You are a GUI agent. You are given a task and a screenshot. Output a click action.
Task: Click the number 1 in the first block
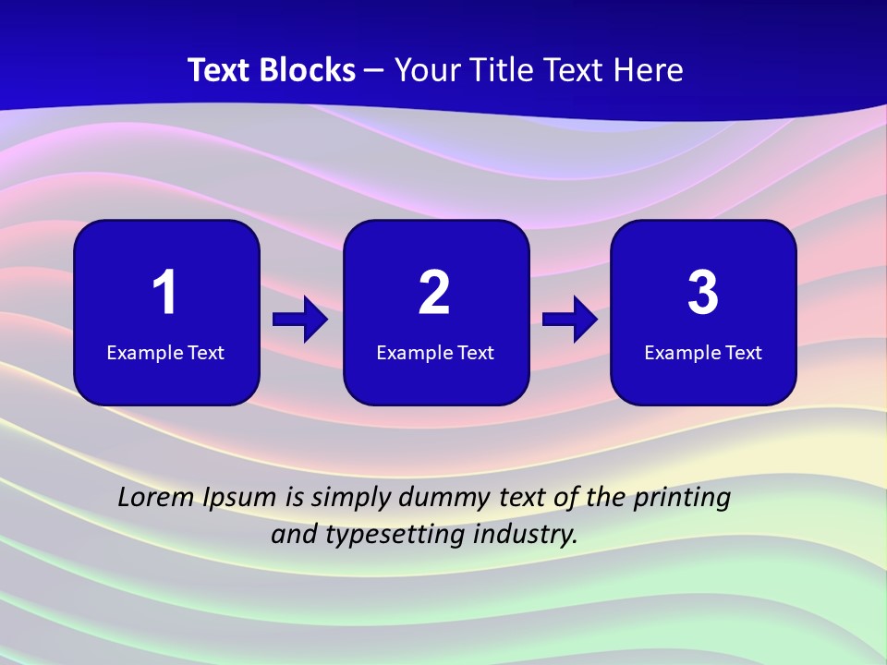click(165, 293)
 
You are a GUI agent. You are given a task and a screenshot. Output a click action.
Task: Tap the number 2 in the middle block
click(434, 293)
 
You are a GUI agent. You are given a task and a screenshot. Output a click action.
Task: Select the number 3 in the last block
click(703, 293)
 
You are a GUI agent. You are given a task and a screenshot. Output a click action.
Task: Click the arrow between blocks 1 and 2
click(300, 320)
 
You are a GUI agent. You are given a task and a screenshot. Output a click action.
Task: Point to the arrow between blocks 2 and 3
click(570, 320)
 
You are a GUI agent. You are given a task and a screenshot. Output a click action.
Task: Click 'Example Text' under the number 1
click(165, 353)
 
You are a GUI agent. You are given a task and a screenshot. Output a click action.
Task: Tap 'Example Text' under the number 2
click(435, 353)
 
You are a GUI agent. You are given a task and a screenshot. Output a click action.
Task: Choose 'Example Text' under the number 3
click(703, 353)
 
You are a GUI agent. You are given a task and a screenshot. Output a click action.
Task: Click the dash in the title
click(375, 71)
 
